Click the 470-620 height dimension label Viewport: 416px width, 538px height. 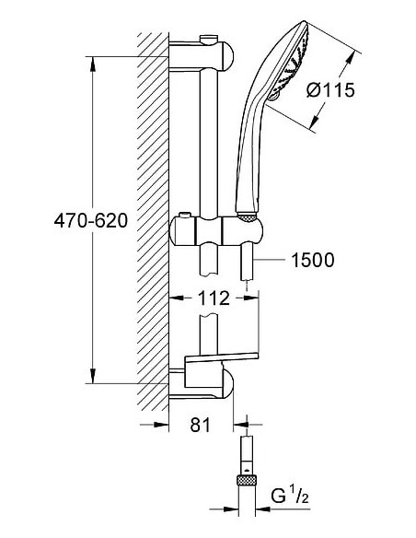point(91,220)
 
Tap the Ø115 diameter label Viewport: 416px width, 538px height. point(330,90)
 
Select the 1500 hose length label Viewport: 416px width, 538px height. point(312,260)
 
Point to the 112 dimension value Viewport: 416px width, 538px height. point(214,298)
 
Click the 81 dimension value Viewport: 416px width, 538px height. point(201,425)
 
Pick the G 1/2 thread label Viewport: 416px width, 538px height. point(290,497)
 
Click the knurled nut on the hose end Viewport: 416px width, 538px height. point(247,479)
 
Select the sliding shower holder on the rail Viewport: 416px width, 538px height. point(216,230)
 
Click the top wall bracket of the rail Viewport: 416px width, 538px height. point(202,55)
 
